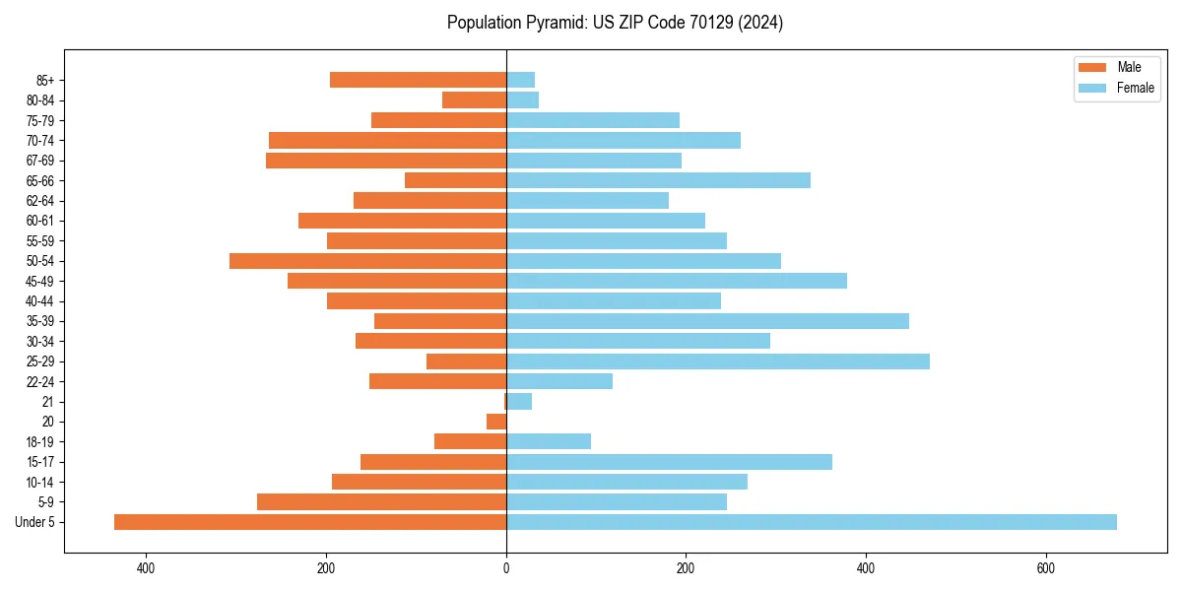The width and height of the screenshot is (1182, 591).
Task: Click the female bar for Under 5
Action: coord(811,522)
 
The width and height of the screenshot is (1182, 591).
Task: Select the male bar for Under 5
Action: coord(310,522)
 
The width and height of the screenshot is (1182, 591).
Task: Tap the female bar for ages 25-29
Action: coord(717,361)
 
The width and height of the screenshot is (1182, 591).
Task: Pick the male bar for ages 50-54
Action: coord(367,261)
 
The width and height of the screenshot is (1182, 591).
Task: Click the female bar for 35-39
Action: coord(707,321)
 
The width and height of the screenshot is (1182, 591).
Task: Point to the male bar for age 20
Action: coord(496,422)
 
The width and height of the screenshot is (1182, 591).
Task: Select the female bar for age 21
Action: coord(519,402)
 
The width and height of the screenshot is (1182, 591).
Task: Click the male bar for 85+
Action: coord(418,80)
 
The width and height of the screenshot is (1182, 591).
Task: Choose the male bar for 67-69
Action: coord(386,161)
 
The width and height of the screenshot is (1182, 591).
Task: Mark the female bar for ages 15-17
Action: coord(669,462)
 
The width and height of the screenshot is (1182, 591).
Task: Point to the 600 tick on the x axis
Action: coord(1045,567)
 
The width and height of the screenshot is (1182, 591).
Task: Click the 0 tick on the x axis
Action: coord(506,567)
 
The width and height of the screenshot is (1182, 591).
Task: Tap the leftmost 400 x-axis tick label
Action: coord(146,567)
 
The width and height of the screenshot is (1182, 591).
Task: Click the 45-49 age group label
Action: coord(40,281)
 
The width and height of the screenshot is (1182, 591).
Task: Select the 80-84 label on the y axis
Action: coord(40,100)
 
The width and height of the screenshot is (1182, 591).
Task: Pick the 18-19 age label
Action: coord(40,442)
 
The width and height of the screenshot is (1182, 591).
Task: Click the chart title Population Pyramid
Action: coord(615,23)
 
